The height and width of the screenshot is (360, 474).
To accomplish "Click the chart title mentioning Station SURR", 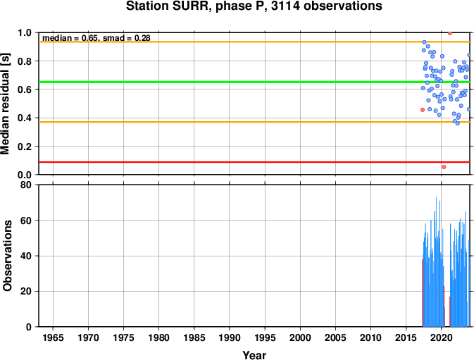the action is tap(254, 6).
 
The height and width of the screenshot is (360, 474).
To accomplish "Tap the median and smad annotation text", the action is tap(96, 38).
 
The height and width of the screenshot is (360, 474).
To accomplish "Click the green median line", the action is tap(254, 82).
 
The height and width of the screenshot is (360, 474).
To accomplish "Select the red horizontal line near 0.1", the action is tap(254, 162).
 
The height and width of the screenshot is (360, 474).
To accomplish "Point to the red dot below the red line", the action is tap(444, 167).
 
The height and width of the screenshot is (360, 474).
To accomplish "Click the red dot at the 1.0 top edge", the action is tap(450, 33).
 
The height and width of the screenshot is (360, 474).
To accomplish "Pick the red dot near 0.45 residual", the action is tap(423, 110).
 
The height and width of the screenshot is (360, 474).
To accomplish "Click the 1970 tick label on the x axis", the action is tap(88, 337).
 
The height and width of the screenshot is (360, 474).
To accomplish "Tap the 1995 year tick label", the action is tap(265, 337).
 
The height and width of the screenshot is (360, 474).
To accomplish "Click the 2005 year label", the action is tap(335, 337).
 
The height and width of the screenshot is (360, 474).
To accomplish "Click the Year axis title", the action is tap(254, 355).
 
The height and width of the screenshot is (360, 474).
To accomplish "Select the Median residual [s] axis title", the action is tap(6, 104).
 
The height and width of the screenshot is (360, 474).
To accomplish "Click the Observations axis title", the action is tap(7, 256).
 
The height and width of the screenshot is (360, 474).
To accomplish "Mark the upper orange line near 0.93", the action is tap(254, 42).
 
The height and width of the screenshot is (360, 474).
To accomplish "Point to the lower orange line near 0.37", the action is tap(254, 122).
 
